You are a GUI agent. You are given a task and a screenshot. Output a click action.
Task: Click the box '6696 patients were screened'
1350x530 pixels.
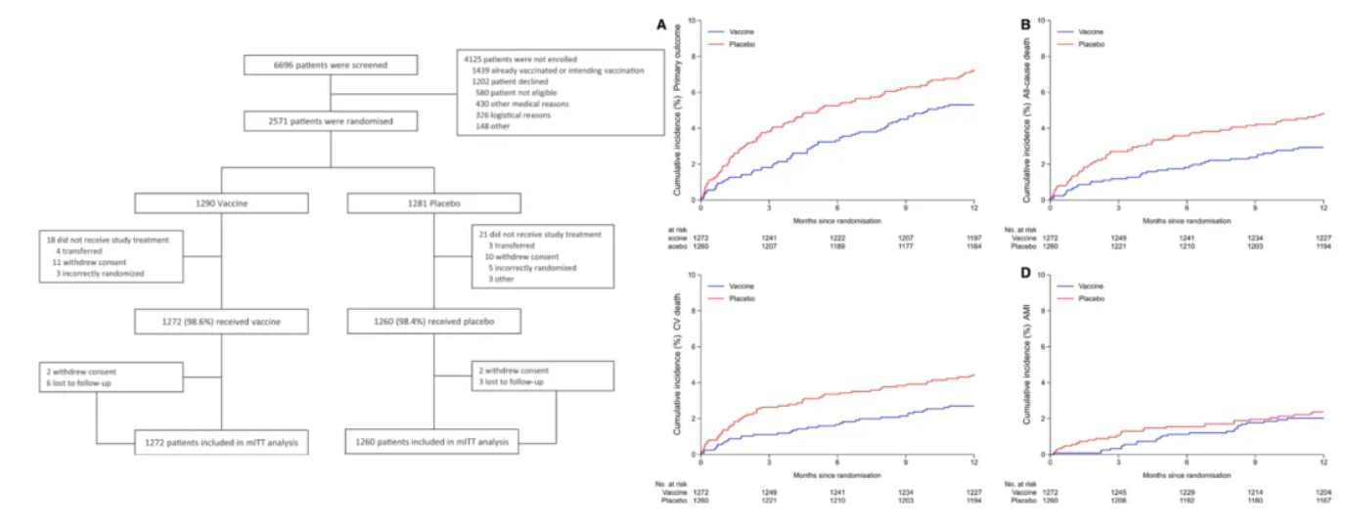coord(330,66)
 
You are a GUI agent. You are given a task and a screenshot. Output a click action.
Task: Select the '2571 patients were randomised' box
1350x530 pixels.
coord(330,121)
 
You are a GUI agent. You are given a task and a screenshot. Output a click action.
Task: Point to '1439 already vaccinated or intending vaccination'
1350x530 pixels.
coord(554,71)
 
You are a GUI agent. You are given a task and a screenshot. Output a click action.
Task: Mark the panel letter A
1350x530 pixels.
coord(661,25)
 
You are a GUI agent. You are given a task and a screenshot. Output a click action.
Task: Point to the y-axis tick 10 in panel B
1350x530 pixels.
coord(1043,20)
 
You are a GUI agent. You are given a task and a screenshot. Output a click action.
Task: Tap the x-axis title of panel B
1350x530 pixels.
coord(1187,222)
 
